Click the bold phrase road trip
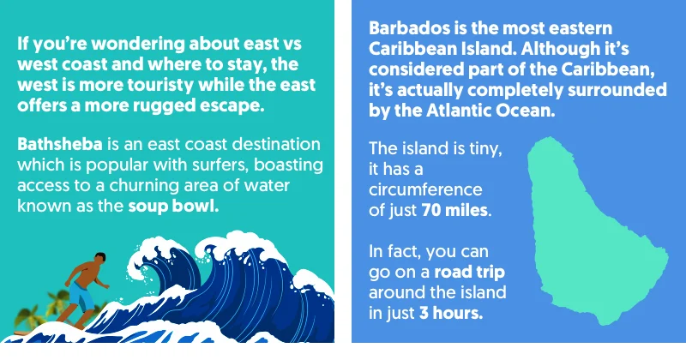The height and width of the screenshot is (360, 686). (468, 273)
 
